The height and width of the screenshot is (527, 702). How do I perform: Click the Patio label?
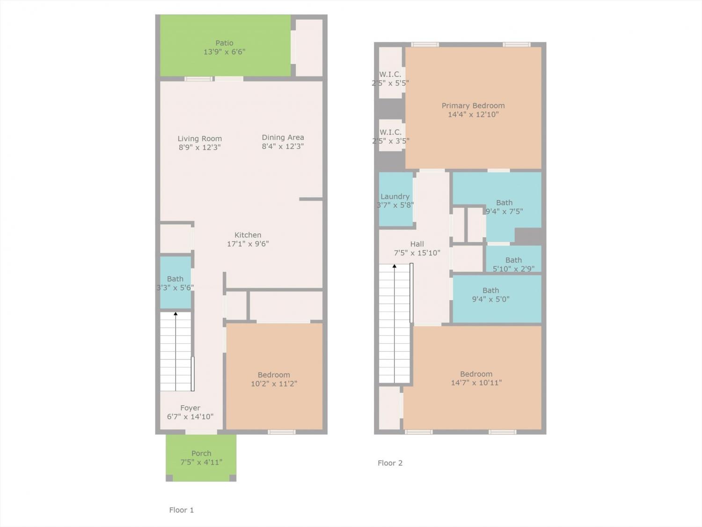click(x=224, y=43)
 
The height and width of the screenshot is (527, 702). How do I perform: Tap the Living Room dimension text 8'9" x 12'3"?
click(x=199, y=147)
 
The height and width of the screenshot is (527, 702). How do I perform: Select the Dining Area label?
click(x=283, y=137)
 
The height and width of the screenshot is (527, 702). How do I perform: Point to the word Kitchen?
click(x=248, y=235)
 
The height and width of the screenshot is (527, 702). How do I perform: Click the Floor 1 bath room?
click(x=175, y=282)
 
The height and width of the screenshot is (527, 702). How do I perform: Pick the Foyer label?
click(x=190, y=408)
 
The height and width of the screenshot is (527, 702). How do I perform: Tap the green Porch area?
click(x=201, y=458)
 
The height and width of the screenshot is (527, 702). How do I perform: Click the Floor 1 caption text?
click(x=181, y=510)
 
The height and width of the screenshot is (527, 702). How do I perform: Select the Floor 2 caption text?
click(x=390, y=463)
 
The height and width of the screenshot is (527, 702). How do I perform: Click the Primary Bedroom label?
click(x=473, y=105)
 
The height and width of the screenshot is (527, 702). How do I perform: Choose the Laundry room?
click(x=395, y=200)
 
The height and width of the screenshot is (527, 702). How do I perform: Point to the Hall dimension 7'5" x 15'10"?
click(x=417, y=253)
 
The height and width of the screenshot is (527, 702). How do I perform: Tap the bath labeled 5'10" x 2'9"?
click(x=513, y=259)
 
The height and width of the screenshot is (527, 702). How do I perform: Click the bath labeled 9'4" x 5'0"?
click(x=497, y=299)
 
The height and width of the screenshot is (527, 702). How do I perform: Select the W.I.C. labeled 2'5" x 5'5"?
click(x=390, y=73)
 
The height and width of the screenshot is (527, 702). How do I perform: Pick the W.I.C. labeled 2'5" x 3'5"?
click(x=390, y=135)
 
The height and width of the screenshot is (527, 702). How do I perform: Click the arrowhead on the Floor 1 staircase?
click(x=175, y=314)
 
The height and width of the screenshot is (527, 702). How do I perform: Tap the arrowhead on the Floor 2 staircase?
click(x=395, y=266)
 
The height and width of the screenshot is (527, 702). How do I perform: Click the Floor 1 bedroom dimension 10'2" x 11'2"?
click(x=274, y=383)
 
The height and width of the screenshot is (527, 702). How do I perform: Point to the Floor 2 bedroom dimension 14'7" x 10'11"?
click(x=476, y=382)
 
